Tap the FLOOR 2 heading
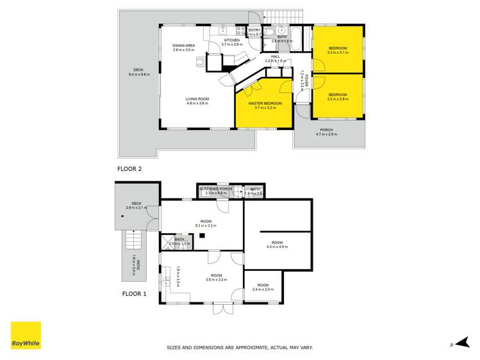click(129, 169)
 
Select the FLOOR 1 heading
click(135, 295)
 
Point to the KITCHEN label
click(231, 40)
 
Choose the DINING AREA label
click(183, 45)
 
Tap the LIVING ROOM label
click(197, 99)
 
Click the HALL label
click(276, 56)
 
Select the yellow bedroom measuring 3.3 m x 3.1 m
click(338, 50)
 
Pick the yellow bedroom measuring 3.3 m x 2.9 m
click(338, 97)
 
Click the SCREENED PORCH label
click(216, 189)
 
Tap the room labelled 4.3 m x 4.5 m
click(277, 244)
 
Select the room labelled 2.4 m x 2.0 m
click(263, 287)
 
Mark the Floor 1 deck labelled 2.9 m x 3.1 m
click(137, 206)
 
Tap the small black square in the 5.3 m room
click(202, 235)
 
